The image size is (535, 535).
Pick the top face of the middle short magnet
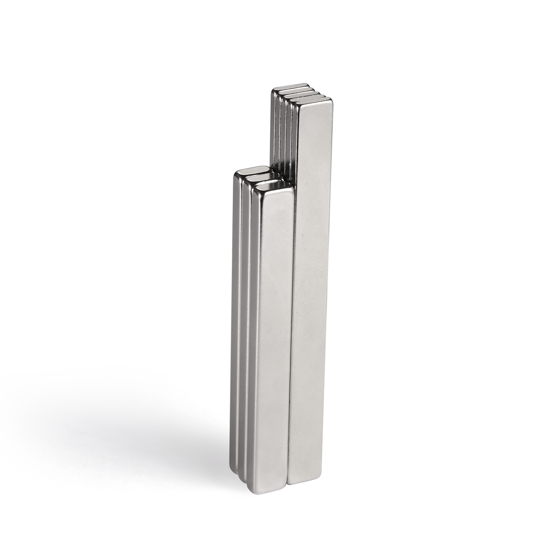tap(263, 177)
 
